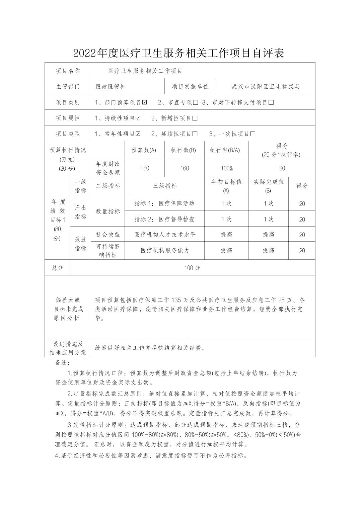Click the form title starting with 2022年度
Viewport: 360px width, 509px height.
tap(178, 53)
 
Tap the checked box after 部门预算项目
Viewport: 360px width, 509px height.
tap(145, 102)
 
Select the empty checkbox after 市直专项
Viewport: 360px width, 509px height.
tap(196, 102)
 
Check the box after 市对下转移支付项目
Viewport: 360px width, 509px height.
tap(271, 102)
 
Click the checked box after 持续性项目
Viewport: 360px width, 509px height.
tap(138, 118)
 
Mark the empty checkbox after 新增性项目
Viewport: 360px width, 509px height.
tap(195, 118)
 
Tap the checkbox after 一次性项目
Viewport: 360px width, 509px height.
tap(253, 134)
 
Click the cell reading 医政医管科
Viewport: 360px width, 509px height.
tap(111, 86)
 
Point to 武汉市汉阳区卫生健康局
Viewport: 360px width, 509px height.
tap(266, 86)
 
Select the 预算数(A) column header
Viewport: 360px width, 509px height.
tap(144, 150)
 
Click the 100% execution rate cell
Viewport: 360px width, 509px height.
tap(226, 168)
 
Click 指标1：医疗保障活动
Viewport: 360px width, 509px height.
tap(164, 203)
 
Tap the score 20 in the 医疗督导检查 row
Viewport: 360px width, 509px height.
tap(302, 220)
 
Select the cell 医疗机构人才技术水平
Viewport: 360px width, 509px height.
tap(165, 235)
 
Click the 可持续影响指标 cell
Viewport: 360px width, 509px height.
tap(108, 251)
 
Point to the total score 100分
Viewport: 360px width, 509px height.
tap(192, 268)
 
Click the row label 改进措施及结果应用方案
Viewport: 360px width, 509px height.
tap(68, 348)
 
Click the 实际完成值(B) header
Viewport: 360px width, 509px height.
tap(268, 186)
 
